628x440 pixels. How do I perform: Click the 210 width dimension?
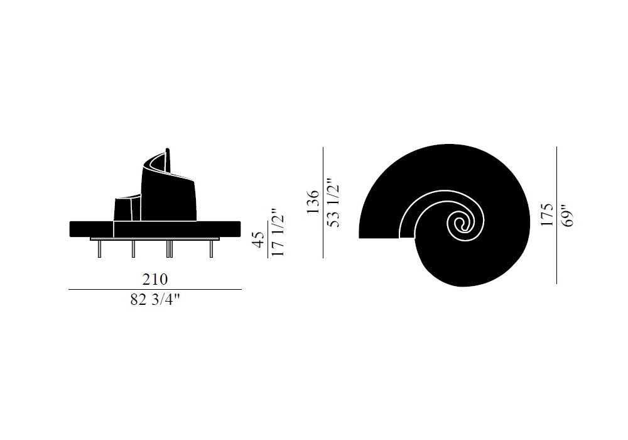tap(155, 279)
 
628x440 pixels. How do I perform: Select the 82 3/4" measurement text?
tap(155, 300)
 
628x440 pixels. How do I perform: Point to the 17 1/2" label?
tap(277, 232)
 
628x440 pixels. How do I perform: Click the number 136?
tap(313, 202)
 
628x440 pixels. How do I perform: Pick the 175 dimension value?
tap(547, 215)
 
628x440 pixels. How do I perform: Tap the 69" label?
tap(568, 216)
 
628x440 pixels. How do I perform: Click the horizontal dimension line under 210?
tap(155, 289)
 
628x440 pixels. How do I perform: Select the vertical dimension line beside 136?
tap(323, 203)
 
